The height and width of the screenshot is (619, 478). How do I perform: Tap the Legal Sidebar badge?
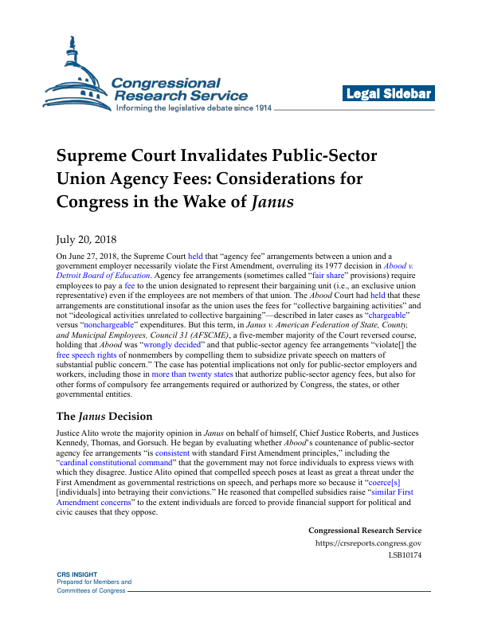pos(389,94)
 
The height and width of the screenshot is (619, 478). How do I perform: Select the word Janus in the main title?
pos(272,202)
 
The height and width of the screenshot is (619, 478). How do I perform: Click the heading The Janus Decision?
pos(104,416)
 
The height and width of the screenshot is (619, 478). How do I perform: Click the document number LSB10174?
pos(406,557)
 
